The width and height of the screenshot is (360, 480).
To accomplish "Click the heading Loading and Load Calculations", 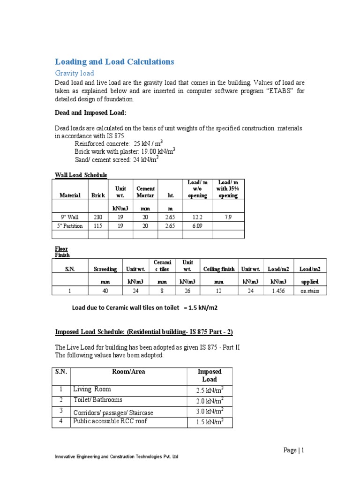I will point(114,61).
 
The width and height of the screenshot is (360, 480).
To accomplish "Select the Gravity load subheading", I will point(75,73).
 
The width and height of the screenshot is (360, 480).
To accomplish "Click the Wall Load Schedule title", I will point(81,175).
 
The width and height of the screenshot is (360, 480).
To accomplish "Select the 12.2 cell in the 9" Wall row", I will point(197,217).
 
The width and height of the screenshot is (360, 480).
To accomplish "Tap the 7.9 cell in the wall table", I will point(228,217).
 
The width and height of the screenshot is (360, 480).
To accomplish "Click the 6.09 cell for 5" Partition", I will point(197,225).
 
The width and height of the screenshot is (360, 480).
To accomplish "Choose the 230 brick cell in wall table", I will point(97,217).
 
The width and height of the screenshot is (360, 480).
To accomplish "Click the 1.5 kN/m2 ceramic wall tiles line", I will point(144,308).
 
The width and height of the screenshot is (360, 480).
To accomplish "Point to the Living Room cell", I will point(92,389).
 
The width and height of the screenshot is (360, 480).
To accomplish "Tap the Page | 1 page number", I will point(294,450).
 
